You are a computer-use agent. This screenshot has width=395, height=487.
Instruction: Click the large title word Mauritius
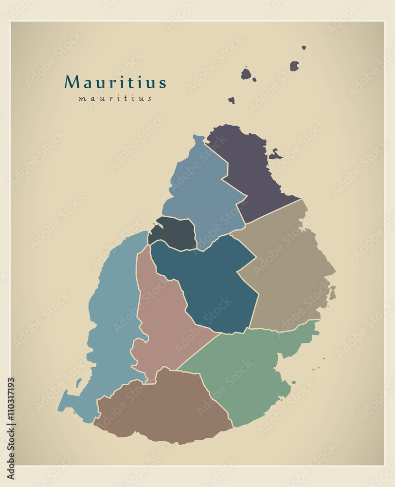tap(115, 82)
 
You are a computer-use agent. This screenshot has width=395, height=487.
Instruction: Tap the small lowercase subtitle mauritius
tap(115, 98)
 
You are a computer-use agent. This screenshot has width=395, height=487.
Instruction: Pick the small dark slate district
tap(173, 233)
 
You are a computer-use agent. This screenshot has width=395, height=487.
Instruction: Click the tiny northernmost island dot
tap(304, 48)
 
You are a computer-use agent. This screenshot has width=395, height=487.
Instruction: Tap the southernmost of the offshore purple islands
tap(232, 100)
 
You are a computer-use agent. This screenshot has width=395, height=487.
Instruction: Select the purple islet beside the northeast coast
tap(275, 155)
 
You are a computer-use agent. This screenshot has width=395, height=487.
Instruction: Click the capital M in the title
tap(72, 82)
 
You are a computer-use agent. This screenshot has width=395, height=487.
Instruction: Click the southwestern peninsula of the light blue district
tap(68, 402)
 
